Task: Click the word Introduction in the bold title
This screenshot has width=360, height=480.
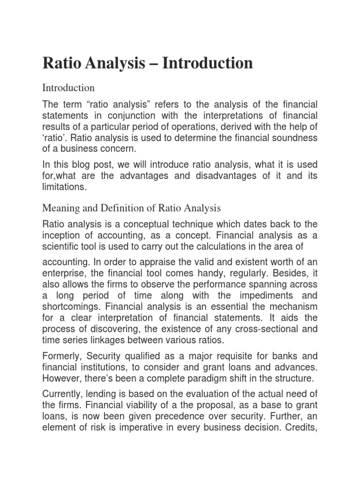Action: click(x=208, y=63)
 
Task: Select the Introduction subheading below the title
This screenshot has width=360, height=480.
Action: click(x=68, y=88)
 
